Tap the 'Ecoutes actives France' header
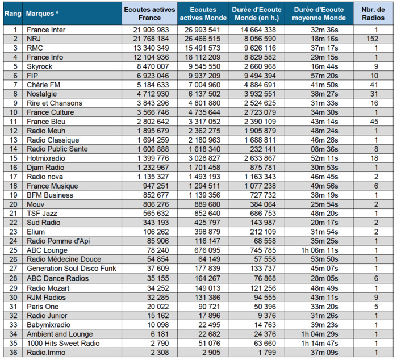tap(150, 13)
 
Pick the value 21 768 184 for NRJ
tap(150, 39)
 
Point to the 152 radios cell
tap(372, 39)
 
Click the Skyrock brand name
tap(41, 66)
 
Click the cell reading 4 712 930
tap(150, 94)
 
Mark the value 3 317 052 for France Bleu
tap(204, 122)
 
